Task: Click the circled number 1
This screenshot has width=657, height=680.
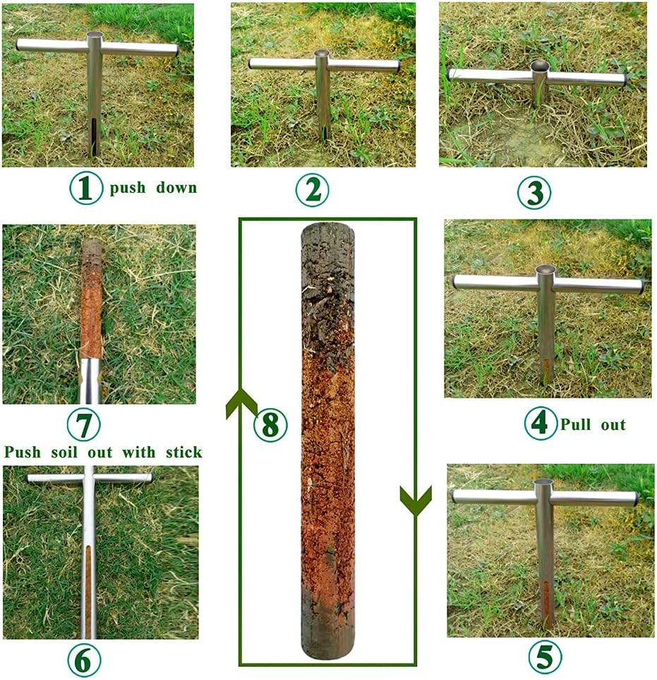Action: [85, 189]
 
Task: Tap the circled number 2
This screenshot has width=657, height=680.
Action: [312, 189]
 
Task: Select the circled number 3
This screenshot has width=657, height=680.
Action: [534, 192]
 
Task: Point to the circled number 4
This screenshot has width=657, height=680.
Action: [540, 424]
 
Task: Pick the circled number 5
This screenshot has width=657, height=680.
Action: [546, 657]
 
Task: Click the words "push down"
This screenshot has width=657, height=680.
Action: [152, 189]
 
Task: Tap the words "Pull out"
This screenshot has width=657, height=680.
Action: [593, 424]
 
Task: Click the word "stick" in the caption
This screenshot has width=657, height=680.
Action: [183, 452]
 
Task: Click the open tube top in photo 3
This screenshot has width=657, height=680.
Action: [540, 66]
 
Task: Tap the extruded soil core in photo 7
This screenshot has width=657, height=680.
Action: [92, 304]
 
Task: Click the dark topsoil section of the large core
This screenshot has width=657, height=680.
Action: [328, 282]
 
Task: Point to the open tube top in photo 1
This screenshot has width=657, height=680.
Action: [95, 35]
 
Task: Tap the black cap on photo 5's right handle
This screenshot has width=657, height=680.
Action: [637, 499]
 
